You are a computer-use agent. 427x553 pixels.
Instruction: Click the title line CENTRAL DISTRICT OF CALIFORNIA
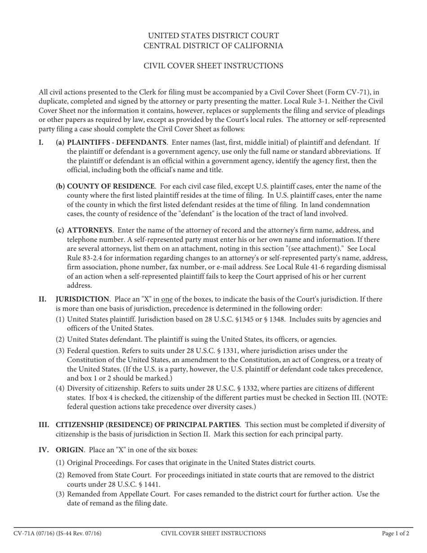coord(213,46)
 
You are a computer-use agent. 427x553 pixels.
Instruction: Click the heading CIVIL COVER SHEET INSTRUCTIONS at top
coord(213,66)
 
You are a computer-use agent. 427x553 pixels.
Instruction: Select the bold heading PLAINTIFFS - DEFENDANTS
coord(116,143)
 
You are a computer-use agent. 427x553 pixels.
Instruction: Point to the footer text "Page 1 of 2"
coord(396,534)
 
